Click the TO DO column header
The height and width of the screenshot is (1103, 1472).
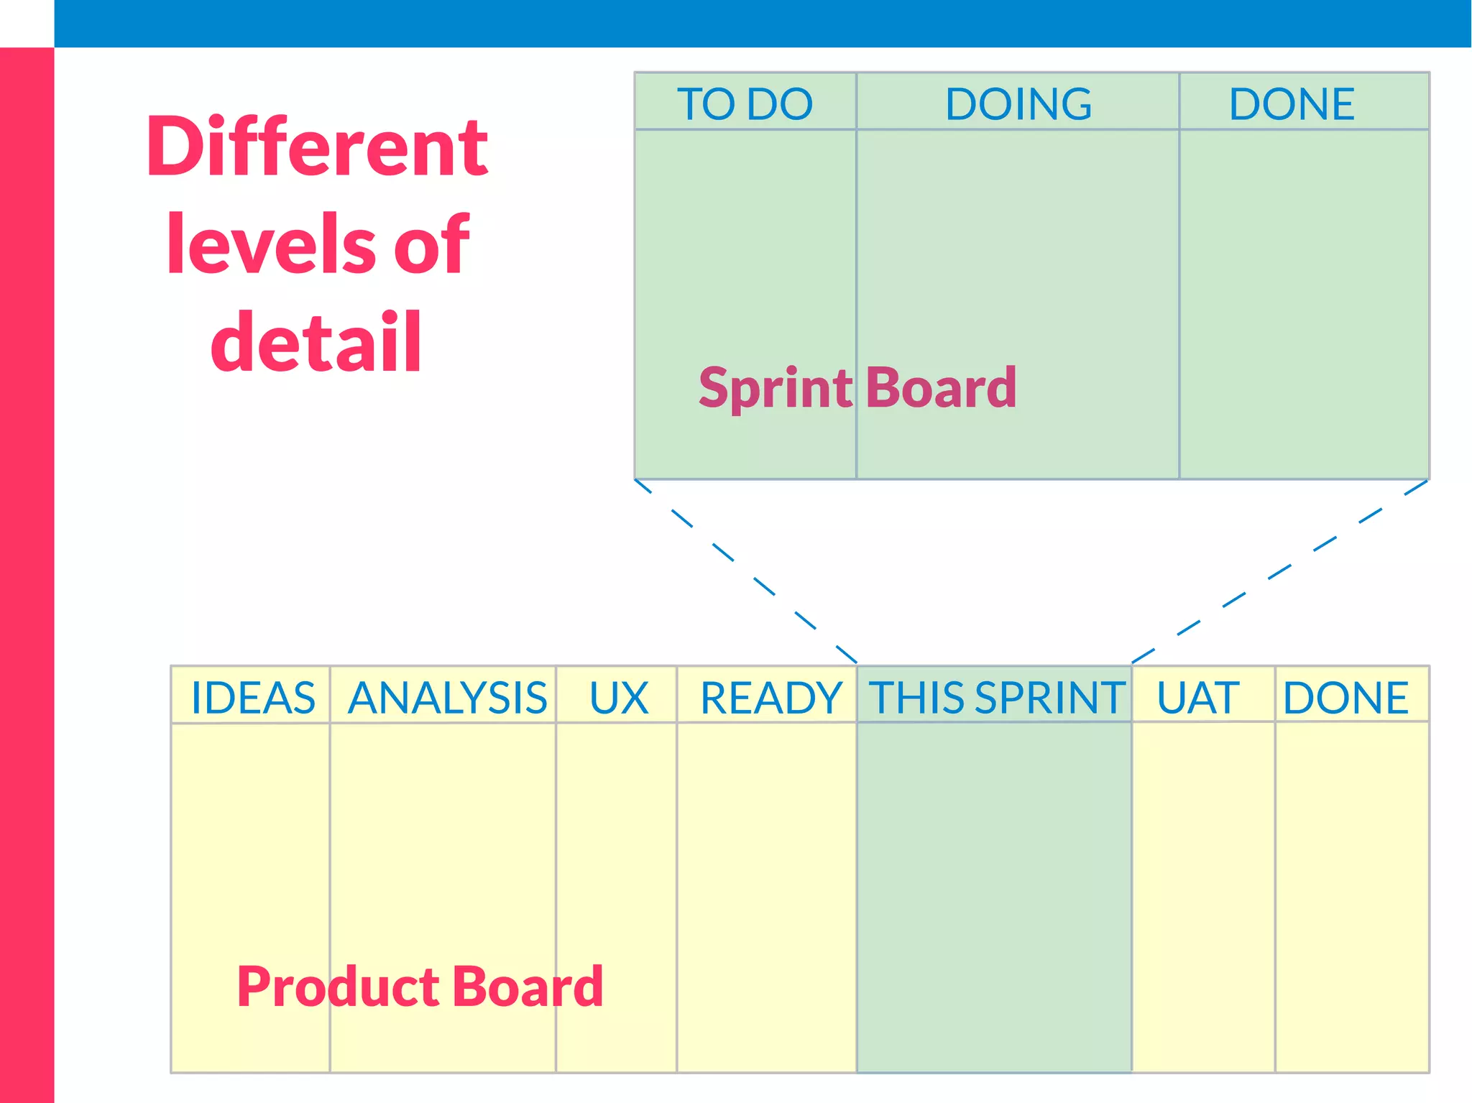point(745,103)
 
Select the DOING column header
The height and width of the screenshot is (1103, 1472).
point(1018,103)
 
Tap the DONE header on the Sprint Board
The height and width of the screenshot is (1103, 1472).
point(1292,103)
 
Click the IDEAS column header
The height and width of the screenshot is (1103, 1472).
point(252,697)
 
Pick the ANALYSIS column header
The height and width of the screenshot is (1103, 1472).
point(447,697)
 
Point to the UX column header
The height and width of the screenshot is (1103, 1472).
point(618,697)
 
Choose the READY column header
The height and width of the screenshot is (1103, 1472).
point(770,697)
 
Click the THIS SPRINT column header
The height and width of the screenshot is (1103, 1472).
point(996,697)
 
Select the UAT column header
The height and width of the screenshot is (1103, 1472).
point(1197,697)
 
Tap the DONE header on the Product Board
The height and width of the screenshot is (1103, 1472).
point(1345,697)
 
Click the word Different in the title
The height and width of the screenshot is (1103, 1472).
point(316,147)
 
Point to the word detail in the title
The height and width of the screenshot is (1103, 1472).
point(316,342)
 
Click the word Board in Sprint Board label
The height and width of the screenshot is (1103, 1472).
point(941,388)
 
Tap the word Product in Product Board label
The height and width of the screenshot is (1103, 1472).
point(338,987)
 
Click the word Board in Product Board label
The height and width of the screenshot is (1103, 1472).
point(528,987)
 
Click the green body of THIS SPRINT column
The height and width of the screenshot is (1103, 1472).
point(994,898)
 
